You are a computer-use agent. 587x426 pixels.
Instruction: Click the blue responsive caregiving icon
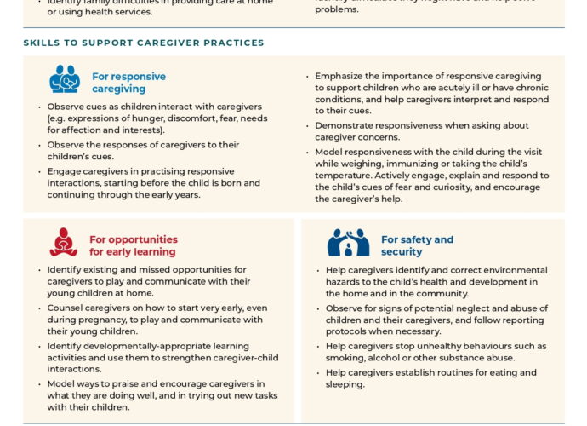pos(65,80)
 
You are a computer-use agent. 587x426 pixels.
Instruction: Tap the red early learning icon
pos(63,242)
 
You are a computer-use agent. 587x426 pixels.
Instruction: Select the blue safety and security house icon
pos(348,243)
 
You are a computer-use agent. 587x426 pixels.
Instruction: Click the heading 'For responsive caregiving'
pos(128,83)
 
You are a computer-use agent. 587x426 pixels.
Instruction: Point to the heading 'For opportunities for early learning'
pos(134,245)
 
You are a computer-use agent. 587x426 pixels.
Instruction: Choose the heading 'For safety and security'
pos(417,245)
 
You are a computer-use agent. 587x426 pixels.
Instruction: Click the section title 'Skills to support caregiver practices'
pos(144,43)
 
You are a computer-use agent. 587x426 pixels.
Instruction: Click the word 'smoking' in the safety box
pos(351,359)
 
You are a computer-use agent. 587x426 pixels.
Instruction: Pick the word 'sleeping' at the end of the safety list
pos(350,384)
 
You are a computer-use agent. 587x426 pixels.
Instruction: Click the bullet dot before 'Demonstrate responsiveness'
pos(308,125)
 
